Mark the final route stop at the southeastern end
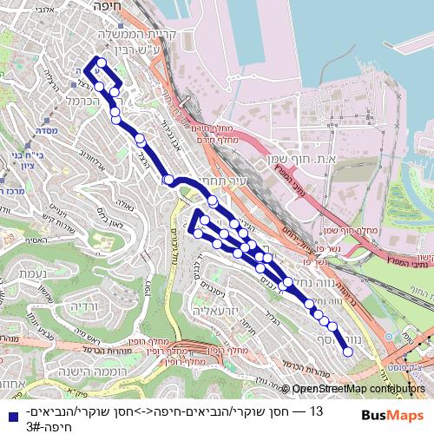[347, 352]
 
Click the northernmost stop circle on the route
[102, 62]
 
